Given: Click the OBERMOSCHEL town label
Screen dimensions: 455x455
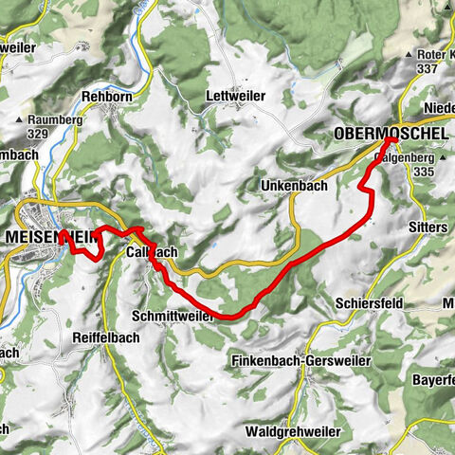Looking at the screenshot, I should coord(389,136).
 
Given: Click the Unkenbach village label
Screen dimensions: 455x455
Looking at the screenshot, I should coord(293,187).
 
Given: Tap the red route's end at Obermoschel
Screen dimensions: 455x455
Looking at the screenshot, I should coord(390,141).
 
